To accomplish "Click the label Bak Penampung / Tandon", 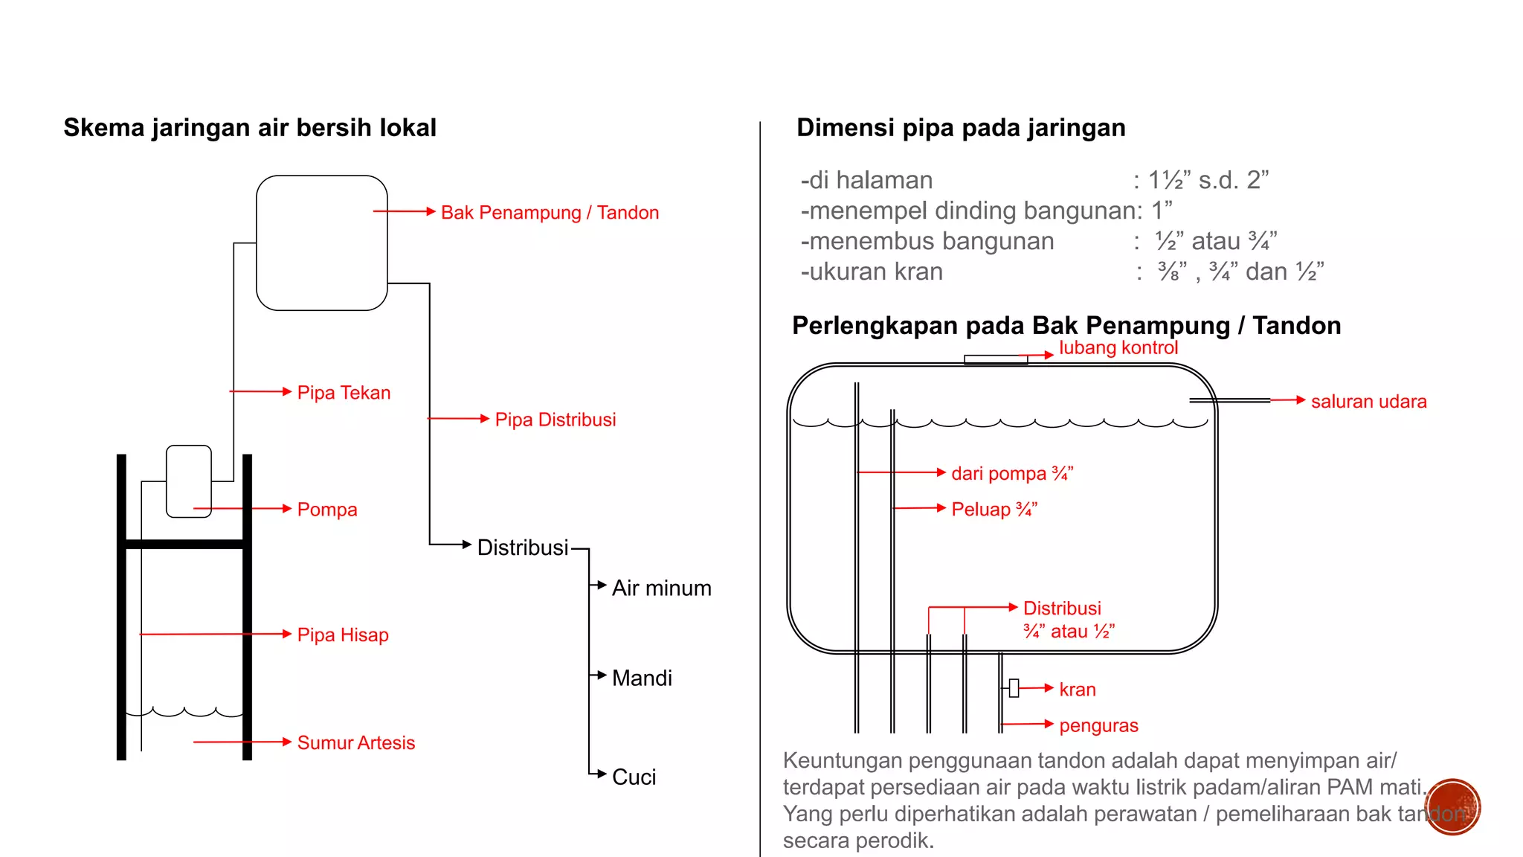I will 550,213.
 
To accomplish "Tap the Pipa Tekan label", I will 344,393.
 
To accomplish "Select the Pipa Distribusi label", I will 555,420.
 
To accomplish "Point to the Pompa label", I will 327,510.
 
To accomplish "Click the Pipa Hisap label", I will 343,635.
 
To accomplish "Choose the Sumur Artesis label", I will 355,742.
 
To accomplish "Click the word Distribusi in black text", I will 522,548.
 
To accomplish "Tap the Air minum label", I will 661,588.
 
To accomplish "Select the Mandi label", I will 642,678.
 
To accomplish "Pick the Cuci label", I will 634,777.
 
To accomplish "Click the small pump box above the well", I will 189,481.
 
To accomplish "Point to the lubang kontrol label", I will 1118,348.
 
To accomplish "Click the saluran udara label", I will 1368,402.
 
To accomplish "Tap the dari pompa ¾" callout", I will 1012,474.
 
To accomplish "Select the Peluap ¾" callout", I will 994,510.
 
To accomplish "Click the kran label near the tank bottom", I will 1077,690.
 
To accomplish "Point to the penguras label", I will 1098,725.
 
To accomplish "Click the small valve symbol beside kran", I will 1014,688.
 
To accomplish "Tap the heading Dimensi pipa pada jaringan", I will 961,128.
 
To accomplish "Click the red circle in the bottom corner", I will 1452,807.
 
